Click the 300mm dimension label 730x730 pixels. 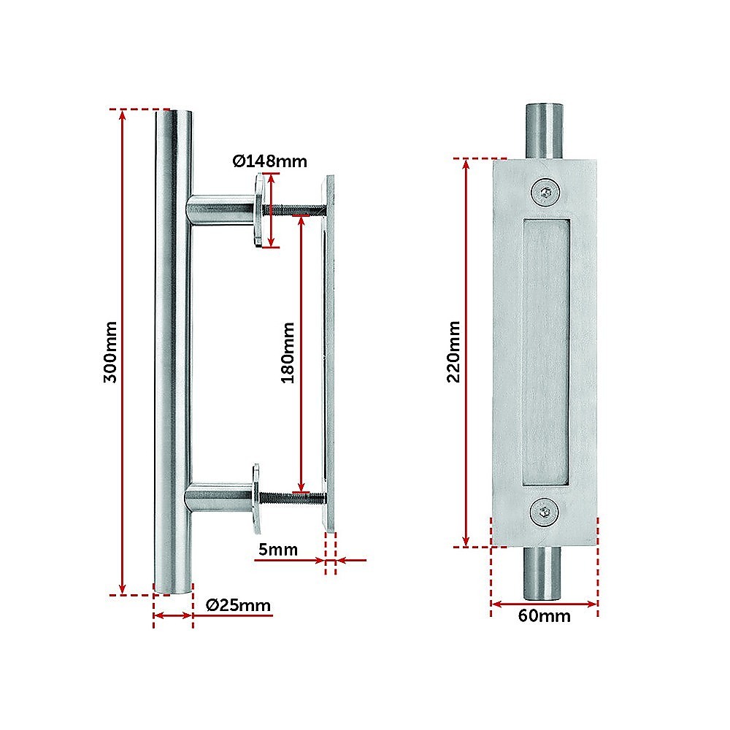110,352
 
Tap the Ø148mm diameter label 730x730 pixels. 270,161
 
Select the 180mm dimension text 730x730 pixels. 288,353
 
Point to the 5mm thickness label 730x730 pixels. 278,550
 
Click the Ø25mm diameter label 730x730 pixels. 239,605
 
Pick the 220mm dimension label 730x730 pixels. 453,352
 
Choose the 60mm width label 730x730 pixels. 545,616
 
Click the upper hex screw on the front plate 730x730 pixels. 545,192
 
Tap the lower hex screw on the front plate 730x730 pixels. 545,512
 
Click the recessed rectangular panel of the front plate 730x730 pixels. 545,353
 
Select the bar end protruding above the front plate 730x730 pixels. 545,131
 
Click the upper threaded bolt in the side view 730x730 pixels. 293,210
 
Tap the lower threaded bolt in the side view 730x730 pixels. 293,499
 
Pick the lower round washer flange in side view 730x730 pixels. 256,499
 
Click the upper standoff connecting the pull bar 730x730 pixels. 220,210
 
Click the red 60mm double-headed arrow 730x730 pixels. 544,604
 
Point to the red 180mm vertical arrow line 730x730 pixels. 301,354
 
